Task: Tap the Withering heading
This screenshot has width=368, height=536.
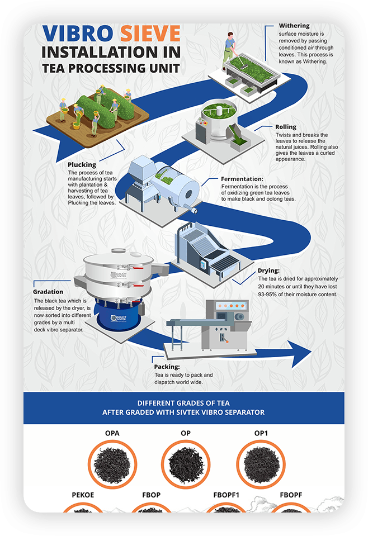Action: pyautogui.click(x=294, y=26)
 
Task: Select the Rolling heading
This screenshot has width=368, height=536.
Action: pyautogui.click(x=286, y=127)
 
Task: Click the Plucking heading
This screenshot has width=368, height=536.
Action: pyautogui.click(x=82, y=165)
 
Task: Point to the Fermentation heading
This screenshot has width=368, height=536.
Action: pyautogui.click(x=242, y=179)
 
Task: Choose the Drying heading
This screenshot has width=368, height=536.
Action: pyautogui.click(x=268, y=271)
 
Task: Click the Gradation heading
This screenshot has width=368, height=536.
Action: pyautogui.click(x=48, y=292)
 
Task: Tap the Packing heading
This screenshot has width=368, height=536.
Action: pyautogui.click(x=167, y=367)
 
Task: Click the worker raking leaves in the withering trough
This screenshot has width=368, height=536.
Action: pyautogui.click(x=230, y=47)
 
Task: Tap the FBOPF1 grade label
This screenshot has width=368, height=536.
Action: pyautogui.click(x=226, y=495)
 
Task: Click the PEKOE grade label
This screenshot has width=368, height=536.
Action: pyautogui.click(x=83, y=495)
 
